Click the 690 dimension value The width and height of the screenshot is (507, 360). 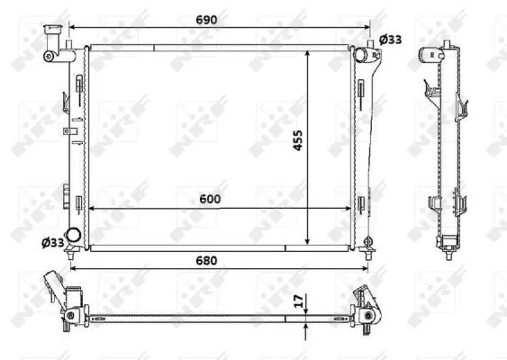coord(206,20)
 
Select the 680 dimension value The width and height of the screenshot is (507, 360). coord(206,260)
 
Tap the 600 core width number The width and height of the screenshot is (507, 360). coord(210,199)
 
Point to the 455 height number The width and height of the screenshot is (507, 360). coord(297,139)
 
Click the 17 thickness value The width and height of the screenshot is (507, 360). coord(300,301)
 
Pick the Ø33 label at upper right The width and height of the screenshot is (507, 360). coord(390,40)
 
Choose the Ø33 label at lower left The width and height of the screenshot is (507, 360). coord(53,242)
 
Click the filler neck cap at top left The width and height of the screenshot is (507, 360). coord(53,29)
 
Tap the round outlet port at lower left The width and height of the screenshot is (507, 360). coord(74,235)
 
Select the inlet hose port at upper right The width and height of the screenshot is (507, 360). coord(360,54)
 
